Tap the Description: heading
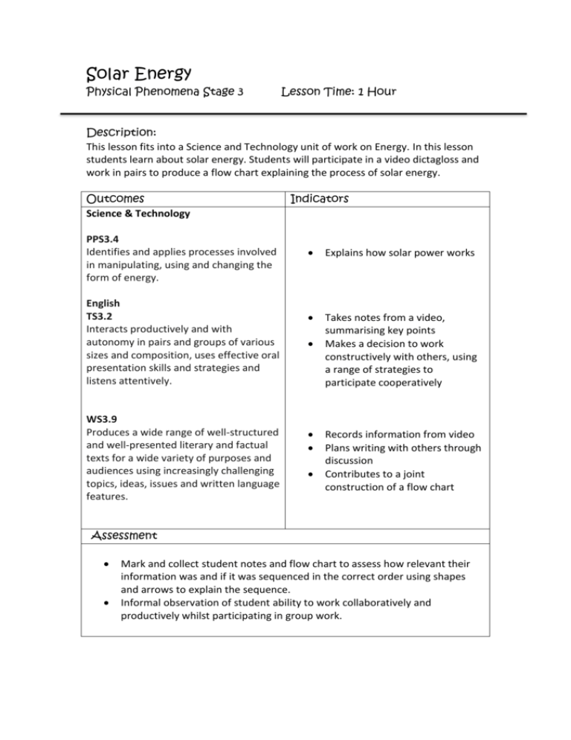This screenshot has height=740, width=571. tap(121, 130)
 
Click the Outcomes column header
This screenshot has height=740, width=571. tap(116, 200)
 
